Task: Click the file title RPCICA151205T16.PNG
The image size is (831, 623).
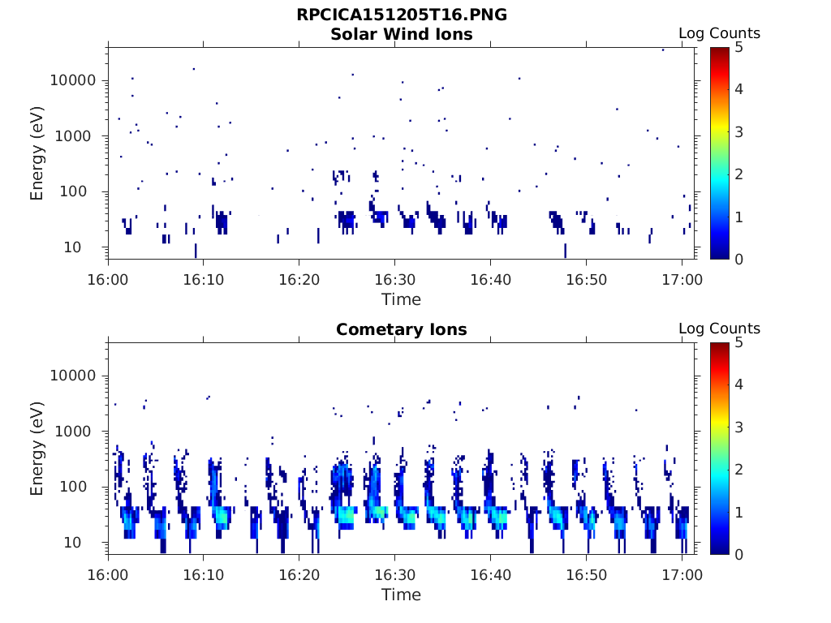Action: [x=402, y=15]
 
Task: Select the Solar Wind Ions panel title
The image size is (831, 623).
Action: [x=402, y=34]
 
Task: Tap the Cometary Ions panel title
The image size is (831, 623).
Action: [x=402, y=329]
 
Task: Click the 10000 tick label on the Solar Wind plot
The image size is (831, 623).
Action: [x=74, y=80]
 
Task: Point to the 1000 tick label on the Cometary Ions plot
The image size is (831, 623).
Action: [x=78, y=432]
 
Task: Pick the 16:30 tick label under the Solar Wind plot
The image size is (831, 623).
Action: [x=394, y=279]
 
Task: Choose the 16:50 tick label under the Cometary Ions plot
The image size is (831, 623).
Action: [x=586, y=574]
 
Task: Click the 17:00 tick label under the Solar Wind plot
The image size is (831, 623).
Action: [x=682, y=279]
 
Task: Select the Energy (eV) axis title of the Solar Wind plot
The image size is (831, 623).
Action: [x=37, y=153]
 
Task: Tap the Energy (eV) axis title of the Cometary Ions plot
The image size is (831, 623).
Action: [x=37, y=448]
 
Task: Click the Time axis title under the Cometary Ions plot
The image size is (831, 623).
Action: [x=402, y=595]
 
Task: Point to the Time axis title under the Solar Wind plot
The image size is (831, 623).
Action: [x=402, y=299]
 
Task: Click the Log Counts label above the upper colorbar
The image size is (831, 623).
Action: [x=719, y=33]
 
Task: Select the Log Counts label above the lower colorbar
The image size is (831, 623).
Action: [x=719, y=329]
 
